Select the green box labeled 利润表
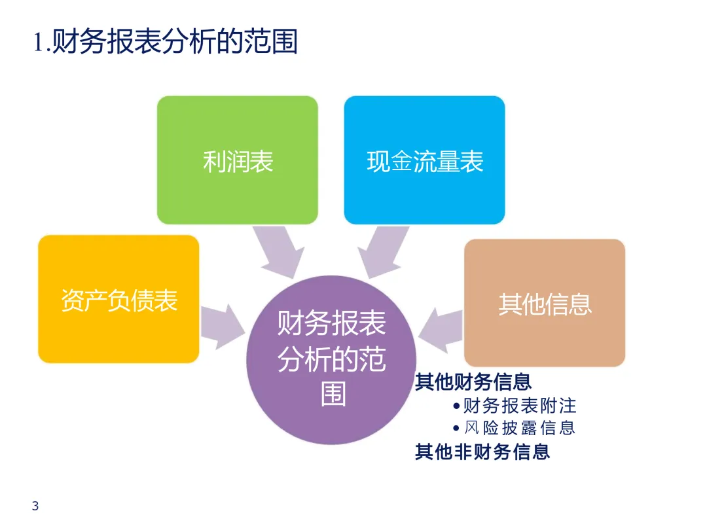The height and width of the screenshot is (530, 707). pos(238,160)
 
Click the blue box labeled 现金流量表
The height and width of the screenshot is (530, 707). pos(424,160)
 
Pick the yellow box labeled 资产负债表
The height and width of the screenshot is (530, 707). pos(118,299)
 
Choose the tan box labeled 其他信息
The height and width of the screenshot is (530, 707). pos(545,302)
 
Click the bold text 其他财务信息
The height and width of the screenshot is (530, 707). pos(473,381)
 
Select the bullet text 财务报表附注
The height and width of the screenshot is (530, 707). pos(519,406)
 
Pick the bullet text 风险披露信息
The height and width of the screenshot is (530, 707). pos(519,428)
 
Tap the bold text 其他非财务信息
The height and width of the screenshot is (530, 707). pos(482,451)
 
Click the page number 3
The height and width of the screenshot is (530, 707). pos(35,506)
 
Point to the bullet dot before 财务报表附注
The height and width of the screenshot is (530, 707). pos(456,406)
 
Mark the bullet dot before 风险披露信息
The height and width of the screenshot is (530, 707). pos(456,428)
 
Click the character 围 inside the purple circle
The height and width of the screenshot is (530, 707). pos(333,394)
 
